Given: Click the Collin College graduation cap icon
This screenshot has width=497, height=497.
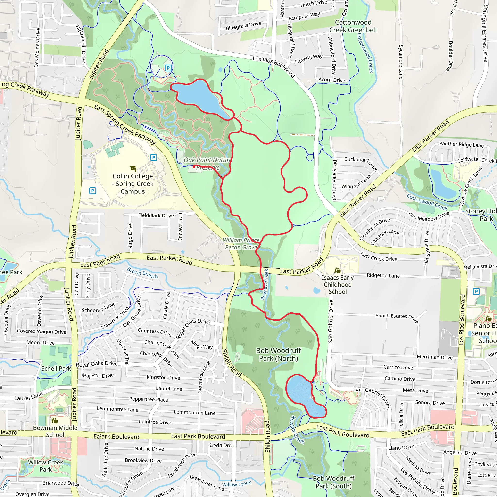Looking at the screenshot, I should (133, 168).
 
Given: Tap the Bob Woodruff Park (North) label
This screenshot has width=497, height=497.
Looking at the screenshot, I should (278, 355).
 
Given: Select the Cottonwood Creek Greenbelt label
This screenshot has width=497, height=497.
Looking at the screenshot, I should (353, 26).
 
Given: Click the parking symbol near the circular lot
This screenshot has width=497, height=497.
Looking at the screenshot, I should (168, 68).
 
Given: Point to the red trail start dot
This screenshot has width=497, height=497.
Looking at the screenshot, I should (194, 167).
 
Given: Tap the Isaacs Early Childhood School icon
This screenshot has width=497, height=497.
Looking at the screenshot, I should (337, 271).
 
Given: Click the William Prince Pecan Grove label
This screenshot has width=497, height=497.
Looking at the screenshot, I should (241, 244).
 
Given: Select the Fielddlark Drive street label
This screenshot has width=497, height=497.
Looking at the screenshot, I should (156, 215).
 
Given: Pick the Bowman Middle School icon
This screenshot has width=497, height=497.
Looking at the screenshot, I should (55, 421).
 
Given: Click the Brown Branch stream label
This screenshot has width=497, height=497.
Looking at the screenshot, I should (142, 273).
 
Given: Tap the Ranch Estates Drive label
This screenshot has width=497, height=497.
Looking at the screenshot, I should (397, 317).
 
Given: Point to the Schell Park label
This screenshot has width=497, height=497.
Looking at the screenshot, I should (56, 368).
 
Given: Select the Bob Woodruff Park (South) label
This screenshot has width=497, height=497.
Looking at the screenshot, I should (333, 482).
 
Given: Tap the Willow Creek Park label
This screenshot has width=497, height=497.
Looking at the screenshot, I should (46, 466).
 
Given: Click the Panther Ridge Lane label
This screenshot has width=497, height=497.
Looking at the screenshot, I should (461, 145).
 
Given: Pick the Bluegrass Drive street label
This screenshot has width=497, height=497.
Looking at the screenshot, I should (243, 26).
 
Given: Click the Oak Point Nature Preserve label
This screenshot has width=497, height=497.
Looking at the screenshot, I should (207, 164).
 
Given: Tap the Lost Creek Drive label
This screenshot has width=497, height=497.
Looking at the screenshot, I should (378, 257).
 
